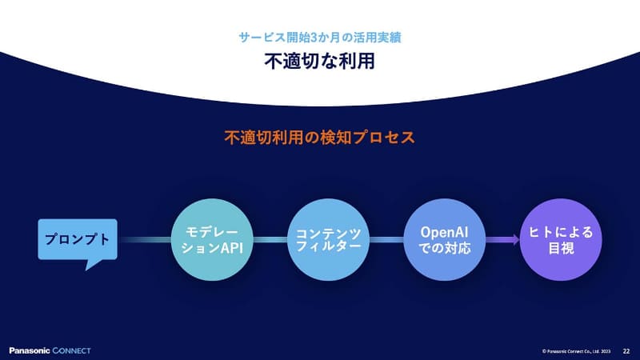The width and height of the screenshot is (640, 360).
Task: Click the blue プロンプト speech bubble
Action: coord(78,239)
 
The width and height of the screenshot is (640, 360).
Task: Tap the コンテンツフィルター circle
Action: coord(328,238)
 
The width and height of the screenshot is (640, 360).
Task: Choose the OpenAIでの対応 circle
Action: coord(444,238)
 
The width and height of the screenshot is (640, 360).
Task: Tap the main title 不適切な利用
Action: coord(319,62)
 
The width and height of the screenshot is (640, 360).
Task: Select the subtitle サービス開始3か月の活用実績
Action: coord(319,37)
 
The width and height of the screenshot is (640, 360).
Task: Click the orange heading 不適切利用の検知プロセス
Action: coord(319,137)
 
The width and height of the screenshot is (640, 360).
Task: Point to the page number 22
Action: coord(626,350)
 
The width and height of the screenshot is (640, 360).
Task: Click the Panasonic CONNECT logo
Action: coord(50,350)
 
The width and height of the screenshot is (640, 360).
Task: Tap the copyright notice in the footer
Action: coord(576,350)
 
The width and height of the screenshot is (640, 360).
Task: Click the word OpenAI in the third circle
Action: coord(444,231)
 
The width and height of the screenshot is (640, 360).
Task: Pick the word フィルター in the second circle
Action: coord(328,247)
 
